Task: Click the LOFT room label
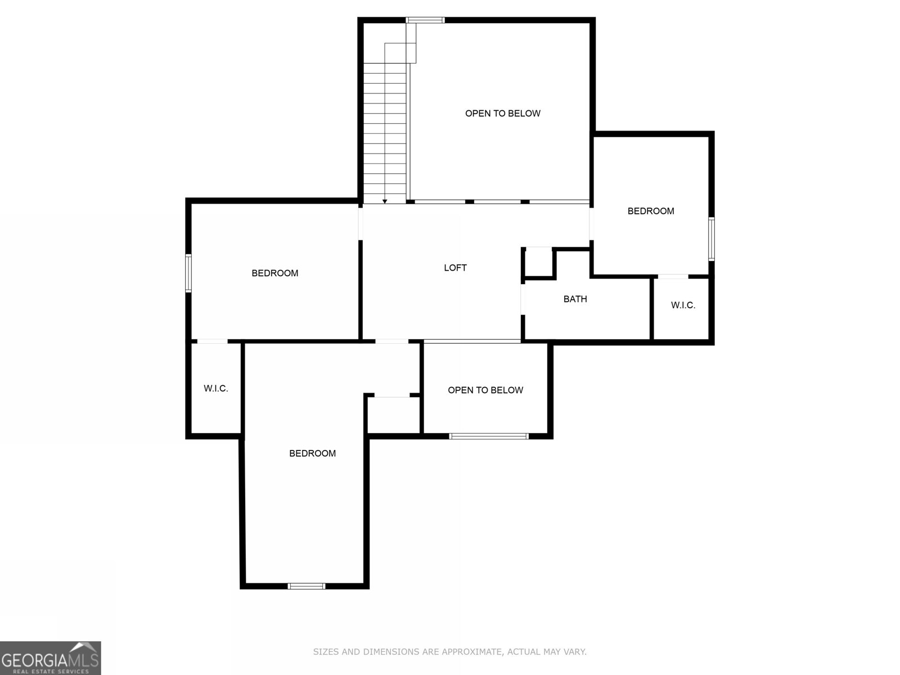[x=455, y=268]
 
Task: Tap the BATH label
[x=575, y=299]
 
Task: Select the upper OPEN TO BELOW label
[x=502, y=114]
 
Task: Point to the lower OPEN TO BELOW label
[x=485, y=390]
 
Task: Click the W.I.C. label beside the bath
[x=683, y=305]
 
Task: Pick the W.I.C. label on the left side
[x=215, y=389]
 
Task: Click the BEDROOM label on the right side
[x=651, y=211]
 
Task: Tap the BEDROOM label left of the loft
[x=274, y=273]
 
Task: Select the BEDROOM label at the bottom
[x=312, y=453]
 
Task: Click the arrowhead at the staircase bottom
[x=385, y=201]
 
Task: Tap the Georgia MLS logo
[x=51, y=658]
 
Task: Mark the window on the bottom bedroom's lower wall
[x=307, y=586]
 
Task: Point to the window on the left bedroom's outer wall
[x=188, y=273]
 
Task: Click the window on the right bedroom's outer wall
[x=711, y=239]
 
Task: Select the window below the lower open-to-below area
[x=488, y=436]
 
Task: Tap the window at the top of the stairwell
[x=425, y=21]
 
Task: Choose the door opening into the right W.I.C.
[x=673, y=276]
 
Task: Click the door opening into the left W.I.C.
[x=212, y=341]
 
